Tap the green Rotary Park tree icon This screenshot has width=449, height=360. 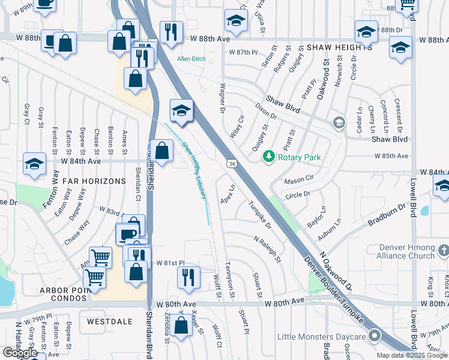[269, 157]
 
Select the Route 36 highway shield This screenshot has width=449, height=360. [231, 163]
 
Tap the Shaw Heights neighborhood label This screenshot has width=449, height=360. [339, 47]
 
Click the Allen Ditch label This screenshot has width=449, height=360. [191, 59]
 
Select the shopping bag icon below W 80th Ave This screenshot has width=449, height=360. [181, 326]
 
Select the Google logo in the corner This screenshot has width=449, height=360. [20, 353]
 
